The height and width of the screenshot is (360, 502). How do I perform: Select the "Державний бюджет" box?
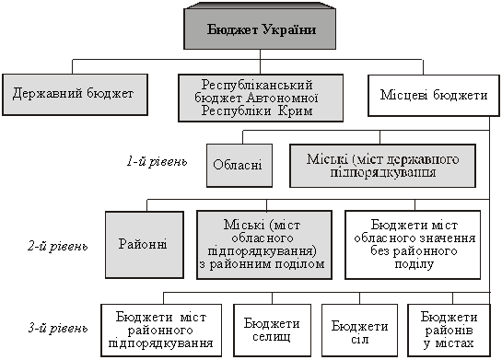(x=75, y=95)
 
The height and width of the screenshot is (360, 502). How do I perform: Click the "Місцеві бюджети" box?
(x=434, y=96)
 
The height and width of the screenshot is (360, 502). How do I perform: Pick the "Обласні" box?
(x=239, y=165)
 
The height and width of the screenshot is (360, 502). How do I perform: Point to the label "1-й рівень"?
(x=157, y=161)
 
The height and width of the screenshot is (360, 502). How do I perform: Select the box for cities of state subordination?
(x=382, y=166)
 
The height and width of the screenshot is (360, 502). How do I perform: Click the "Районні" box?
(x=145, y=245)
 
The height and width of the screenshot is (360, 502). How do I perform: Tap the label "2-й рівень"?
(x=58, y=247)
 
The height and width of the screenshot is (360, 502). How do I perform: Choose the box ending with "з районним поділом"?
(x=264, y=245)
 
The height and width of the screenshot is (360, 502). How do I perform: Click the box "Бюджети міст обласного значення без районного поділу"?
(x=413, y=245)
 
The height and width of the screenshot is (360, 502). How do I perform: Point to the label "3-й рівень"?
(x=58, y=329)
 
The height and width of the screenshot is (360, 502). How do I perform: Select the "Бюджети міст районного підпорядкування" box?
(x=161, y=331)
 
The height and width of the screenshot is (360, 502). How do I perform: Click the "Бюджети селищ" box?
(x=272, y=331)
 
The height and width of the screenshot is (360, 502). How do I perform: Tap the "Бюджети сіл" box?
(x=359, y=331)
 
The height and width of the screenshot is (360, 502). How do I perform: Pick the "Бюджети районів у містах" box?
(x=449, y=331)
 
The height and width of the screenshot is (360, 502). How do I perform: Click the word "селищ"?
(x=272, y=337)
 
